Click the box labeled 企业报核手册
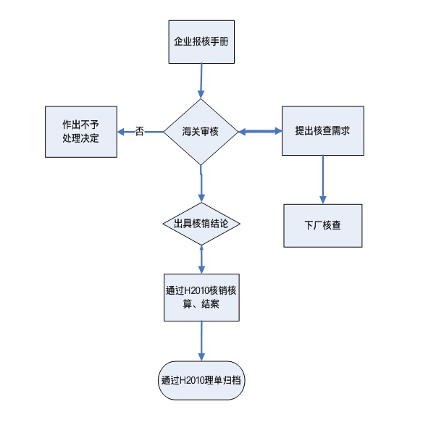pyautogui.click(x=201, y=42)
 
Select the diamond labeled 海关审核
pyautogui.click(x=201, y=132)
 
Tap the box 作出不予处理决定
pyautogui.click(x=81, y=132)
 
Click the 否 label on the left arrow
pyautogui.click(x=139, y=131)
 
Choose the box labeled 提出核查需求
pyautogui.click(x=323, y=130)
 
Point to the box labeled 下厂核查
pyautogui.click(x=323, y=225)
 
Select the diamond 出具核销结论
pyautogui.click(x=201, y=224)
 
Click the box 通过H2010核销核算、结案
pyautogui.click(x=201, y=298)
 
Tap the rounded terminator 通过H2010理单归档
pyautogui.click(x=201, y=380)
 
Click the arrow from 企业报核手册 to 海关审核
pyautogui.click(x=201, y=81)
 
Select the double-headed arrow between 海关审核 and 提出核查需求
pyautogui.click(x=260, y=132)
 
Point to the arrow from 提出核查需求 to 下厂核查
pyautogui.click(x=322, y=180)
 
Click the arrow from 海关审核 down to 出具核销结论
pyautogui.click(x=201, y=184)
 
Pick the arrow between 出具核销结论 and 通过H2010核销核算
pyautogui.click(x=201, y=259)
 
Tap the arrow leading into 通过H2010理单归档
pyautogui.click(x=201, y=341)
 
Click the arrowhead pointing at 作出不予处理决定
pyautogui.click(x=121, y=132)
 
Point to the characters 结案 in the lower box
pyautogui.click(x=210, y=304)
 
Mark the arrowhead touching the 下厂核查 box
pyautogui.click(x=322, y=200)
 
